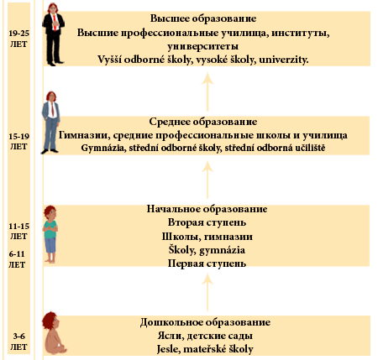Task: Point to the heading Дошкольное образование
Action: (x=207, y=322)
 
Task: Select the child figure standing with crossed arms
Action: (x=51, y=231)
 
